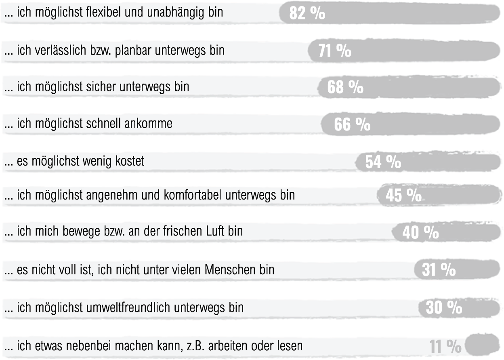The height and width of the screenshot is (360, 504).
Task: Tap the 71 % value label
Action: point(335,52)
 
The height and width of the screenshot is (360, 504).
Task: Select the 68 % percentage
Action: point(345,88)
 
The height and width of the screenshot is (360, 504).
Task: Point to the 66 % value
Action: point(352,125)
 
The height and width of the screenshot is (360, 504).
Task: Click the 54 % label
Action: point(383,162)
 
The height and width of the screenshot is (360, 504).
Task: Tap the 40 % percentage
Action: point(420,233)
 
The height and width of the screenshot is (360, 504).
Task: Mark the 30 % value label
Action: point(444,308)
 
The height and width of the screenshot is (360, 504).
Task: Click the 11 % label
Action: point(445,346)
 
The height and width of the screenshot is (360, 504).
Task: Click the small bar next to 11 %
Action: point(482,345)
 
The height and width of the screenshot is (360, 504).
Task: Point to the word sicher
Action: point(104,86)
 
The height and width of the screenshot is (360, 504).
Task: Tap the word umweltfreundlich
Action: point(129,307)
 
